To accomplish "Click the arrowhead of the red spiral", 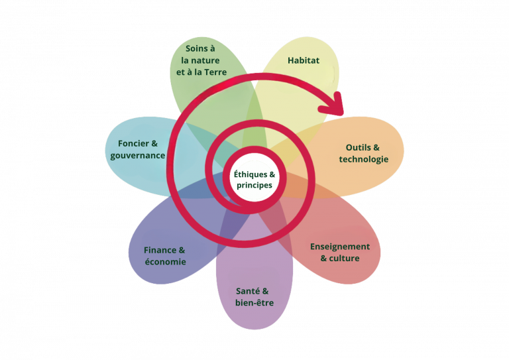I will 339,102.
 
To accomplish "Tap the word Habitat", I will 304,60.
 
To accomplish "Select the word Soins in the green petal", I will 197,48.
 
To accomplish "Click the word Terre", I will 214,72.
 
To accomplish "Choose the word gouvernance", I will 138,155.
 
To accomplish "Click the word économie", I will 166,262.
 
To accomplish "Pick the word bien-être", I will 254,303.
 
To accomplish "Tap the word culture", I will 345,259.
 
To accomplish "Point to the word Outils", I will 359,147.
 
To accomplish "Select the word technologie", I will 364,159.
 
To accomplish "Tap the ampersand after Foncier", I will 154,143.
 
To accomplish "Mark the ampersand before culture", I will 324,259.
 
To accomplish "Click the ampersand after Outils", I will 377,147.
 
